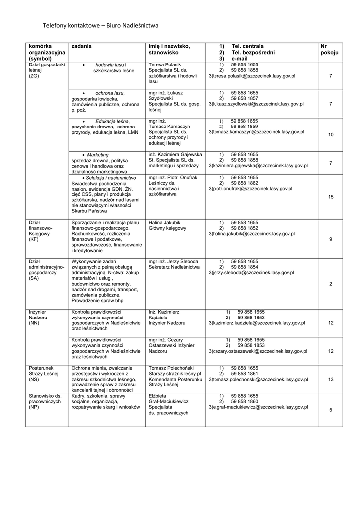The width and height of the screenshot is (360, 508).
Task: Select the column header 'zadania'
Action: pos(81,46)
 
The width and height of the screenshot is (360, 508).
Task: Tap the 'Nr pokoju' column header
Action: pos(330,49)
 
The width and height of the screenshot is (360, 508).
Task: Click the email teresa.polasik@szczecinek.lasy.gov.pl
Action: pos(252,76)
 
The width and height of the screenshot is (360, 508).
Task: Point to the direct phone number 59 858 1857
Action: pos(245,98)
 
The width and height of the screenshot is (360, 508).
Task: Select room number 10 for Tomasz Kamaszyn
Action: pos(331,135)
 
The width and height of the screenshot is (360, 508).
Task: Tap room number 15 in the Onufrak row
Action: pos(331,197)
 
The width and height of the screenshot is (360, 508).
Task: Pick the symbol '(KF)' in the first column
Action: pos(34,239)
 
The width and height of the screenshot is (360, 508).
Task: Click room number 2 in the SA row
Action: pos(331,283)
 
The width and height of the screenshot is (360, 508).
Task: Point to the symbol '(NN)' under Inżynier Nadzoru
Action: pos(34,322)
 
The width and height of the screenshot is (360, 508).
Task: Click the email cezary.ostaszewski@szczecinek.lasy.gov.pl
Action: pos(258,351)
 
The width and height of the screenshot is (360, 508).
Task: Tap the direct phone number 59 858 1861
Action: pos(245,373)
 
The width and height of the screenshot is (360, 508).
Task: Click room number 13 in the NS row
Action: pos(331,379)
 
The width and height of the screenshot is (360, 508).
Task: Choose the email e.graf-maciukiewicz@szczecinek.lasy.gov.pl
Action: pos(258,407)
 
